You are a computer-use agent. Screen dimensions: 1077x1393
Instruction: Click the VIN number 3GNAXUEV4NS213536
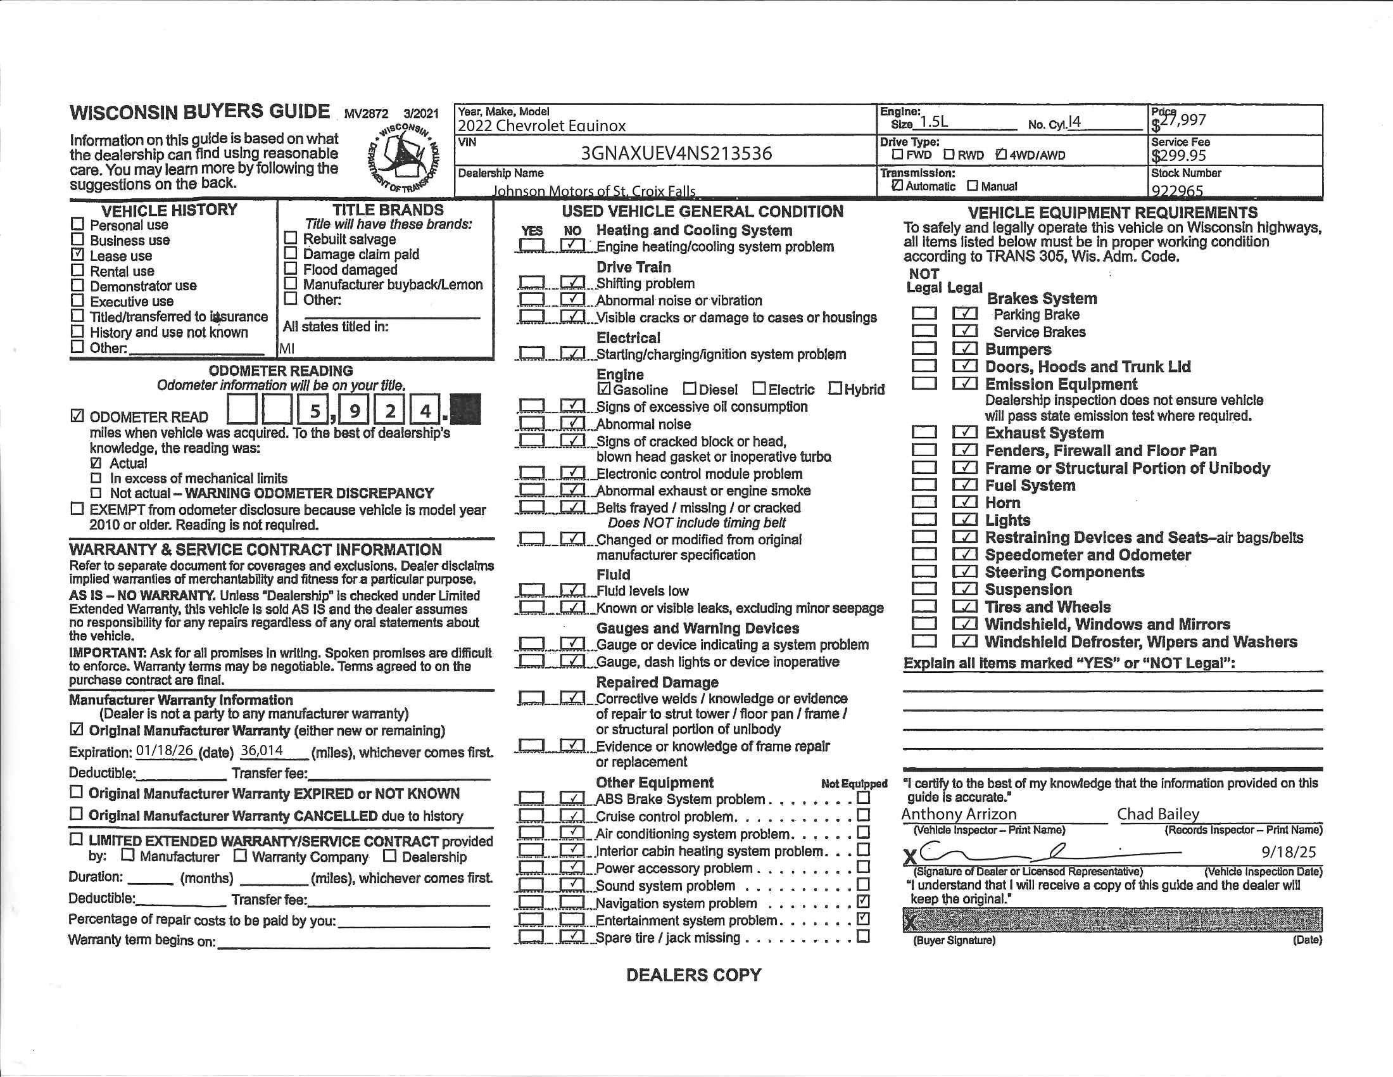coord(676,153)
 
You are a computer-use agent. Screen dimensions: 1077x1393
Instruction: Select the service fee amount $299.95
coord(1179,156)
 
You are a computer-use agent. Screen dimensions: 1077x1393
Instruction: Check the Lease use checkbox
coord(77,255)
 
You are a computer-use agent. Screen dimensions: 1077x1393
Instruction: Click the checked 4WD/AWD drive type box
coord(1000,155)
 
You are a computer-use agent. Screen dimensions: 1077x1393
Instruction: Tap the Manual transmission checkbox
coord(972,186)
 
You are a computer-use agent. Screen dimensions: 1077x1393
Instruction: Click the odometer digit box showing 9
coord(354,411)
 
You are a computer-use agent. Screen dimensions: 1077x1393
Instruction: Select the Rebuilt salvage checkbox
coord(291,238)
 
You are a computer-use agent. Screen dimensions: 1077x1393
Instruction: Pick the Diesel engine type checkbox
coord(690,388)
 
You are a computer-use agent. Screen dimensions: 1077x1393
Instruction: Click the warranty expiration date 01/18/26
coord(165,750)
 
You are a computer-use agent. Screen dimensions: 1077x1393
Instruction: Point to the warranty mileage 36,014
coord(262,750)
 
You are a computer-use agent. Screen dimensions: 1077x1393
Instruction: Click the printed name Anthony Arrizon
coord(959,814)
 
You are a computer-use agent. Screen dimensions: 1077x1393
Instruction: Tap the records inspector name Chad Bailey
coord(1157,814)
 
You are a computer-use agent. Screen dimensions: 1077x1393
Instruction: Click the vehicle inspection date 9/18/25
coord(1289,852)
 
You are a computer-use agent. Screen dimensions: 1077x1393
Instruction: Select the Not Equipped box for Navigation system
coord(863,902)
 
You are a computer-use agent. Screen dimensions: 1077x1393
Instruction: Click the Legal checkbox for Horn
coord(965,502)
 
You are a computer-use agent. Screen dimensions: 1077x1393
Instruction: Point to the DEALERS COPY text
coord(693,975)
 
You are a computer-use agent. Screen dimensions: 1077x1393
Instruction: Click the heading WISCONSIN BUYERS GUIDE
coord(199,112)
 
